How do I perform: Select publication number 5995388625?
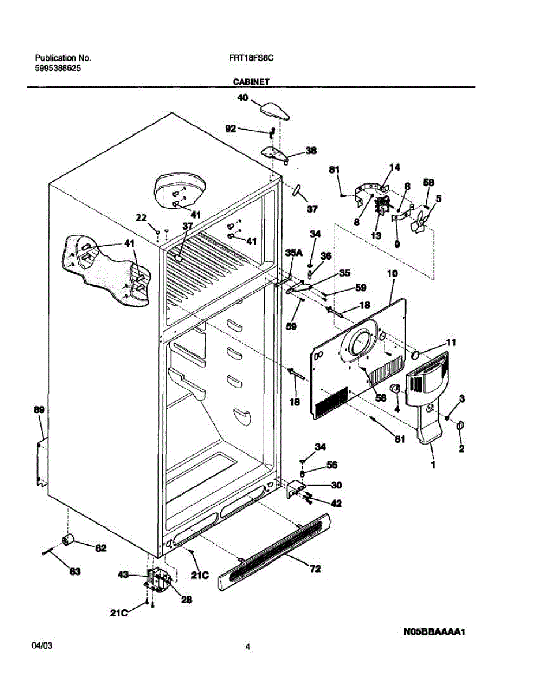point(58,68)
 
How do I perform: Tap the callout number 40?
point(243,98)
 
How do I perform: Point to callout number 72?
point(315,569)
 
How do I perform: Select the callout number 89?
point(39,410)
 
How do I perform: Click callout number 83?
point(75,571)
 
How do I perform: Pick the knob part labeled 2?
point(460,426)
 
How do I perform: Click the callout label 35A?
point(294,253)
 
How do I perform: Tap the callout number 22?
point(141,217)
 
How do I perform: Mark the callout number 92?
point(231,129)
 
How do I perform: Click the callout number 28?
point(186,600)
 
